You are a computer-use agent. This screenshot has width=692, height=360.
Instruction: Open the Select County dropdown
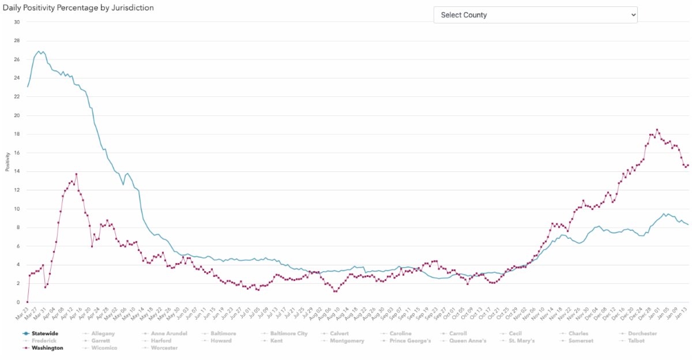(535, 15)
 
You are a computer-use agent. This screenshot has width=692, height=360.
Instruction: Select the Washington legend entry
(48, 348)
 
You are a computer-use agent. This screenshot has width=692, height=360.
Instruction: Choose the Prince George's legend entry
(408, 341)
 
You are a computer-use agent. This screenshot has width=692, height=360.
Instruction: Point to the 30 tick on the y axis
(17, 22)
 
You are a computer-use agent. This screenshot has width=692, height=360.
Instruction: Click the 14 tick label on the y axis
(17, 171)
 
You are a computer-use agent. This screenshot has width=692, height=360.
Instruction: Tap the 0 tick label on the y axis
(18, 302)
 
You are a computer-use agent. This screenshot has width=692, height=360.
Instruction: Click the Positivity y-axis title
(7, 162)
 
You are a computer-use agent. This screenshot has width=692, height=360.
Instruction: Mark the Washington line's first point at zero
(27, 302)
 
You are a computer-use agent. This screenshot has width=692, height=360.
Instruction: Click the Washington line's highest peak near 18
(657, 130)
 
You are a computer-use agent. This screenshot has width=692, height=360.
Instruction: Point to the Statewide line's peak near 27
(39, 51)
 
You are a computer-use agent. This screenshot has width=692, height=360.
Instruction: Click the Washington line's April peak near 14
(76, 174)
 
